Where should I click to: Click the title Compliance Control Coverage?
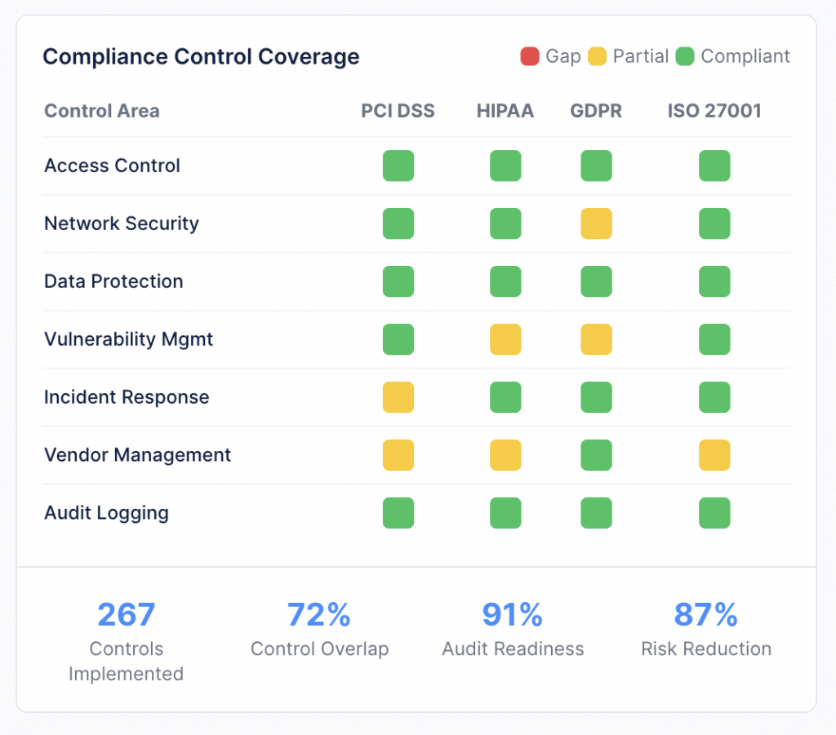pyautogui.click(x=201, y=56)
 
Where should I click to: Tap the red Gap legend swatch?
pyautogui.click(x=529, y=56)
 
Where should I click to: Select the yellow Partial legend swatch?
pyautogui.click(x=597, y=56)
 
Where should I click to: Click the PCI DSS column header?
pyautogui.click(x=398, y=111)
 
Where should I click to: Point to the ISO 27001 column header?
pyautogui.click(x=714, y=111)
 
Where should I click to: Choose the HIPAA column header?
pyautogui.click(x=505, y=111)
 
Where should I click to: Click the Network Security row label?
pyautogui.click(x=122, y=224)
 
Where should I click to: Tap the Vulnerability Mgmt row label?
pyautogui.click(x=128, y=339)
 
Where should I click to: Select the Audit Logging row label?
pyautogui.click(x=106, y=513)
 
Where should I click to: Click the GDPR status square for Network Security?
pyautogui.click(x=596, y=224)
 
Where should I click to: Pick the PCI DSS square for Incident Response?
pyautogui.click(x=398, y=397)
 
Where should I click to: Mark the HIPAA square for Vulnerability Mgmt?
pyautogui.click(x=505, y=339)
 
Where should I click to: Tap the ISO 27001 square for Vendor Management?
pyautogui.click(x=714, y=455)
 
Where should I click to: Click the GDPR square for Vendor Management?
pyautogui.click(x=596, y=455)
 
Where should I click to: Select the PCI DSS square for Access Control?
pyautogui.click(x=398, y=166)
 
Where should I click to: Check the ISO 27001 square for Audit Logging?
pyautogui.click(x=714, y=513)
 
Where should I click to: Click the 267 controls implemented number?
pyautogui.click(x=126, y=614)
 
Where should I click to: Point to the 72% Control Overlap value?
pyautogui.click(x=319, y=614)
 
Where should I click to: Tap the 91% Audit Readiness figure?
pyautogui.click(x=513, y=614)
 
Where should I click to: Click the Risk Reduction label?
pyautogui.click(x=706, y=649)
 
